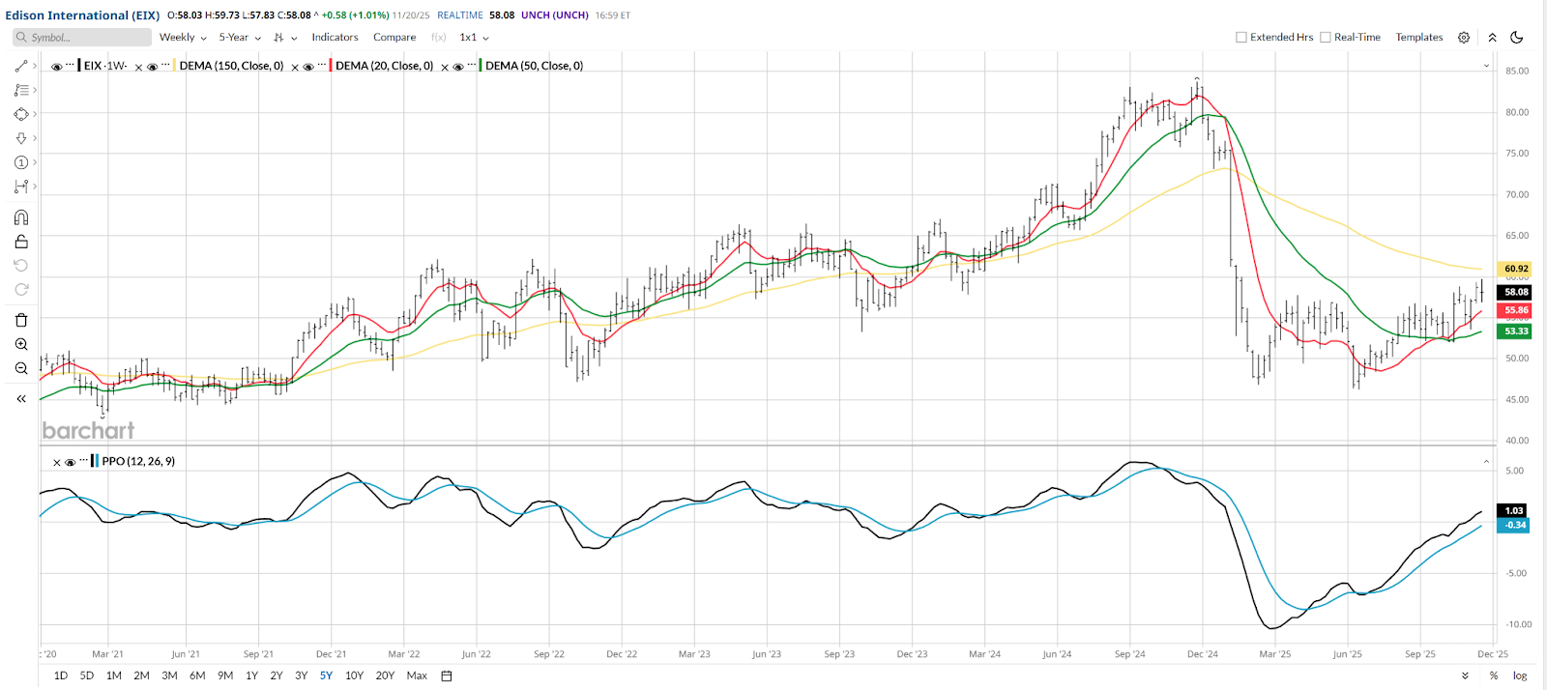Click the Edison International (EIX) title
82,15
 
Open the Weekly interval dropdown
182,38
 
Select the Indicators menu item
335,38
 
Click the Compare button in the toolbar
394,38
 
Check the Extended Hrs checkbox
1241,38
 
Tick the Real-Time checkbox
1326,38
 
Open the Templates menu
1418,38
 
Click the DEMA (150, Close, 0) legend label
231,66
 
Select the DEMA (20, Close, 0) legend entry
384,66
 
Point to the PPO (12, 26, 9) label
138,461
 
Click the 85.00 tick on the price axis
1516,71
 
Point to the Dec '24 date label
1202,654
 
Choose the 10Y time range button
354,676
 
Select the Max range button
417,676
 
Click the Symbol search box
82,38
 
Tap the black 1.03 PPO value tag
1513,510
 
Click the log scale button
1520,676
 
